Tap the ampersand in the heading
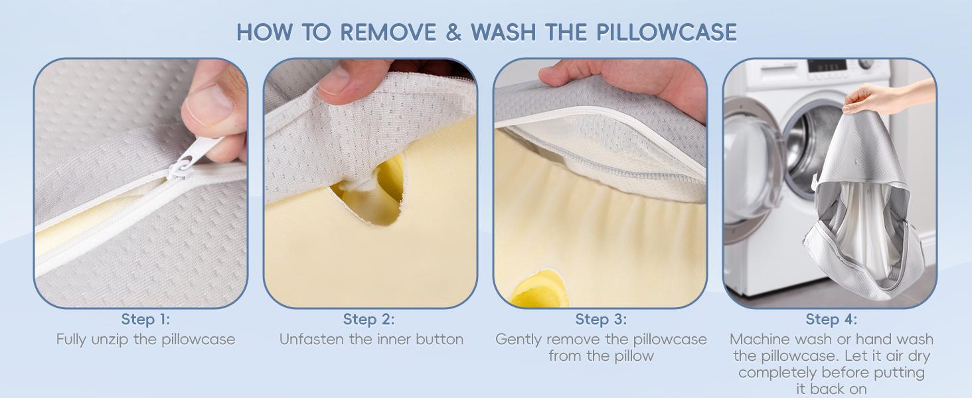pyautogui.click(x=454, y=33)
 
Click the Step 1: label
pyautogui.click(x=145, y=320)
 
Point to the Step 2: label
pyautogui.click(x=368, y=320)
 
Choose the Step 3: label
pyautogui.click(x=601, y=320)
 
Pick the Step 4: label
pyautogui.click(x=831, y=320)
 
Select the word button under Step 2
pyautogui.click(x=439, y=340)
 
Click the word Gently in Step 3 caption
pyautogui.click(x=519, y=340)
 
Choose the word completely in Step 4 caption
pyautogui.click(x=777, y=373)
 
